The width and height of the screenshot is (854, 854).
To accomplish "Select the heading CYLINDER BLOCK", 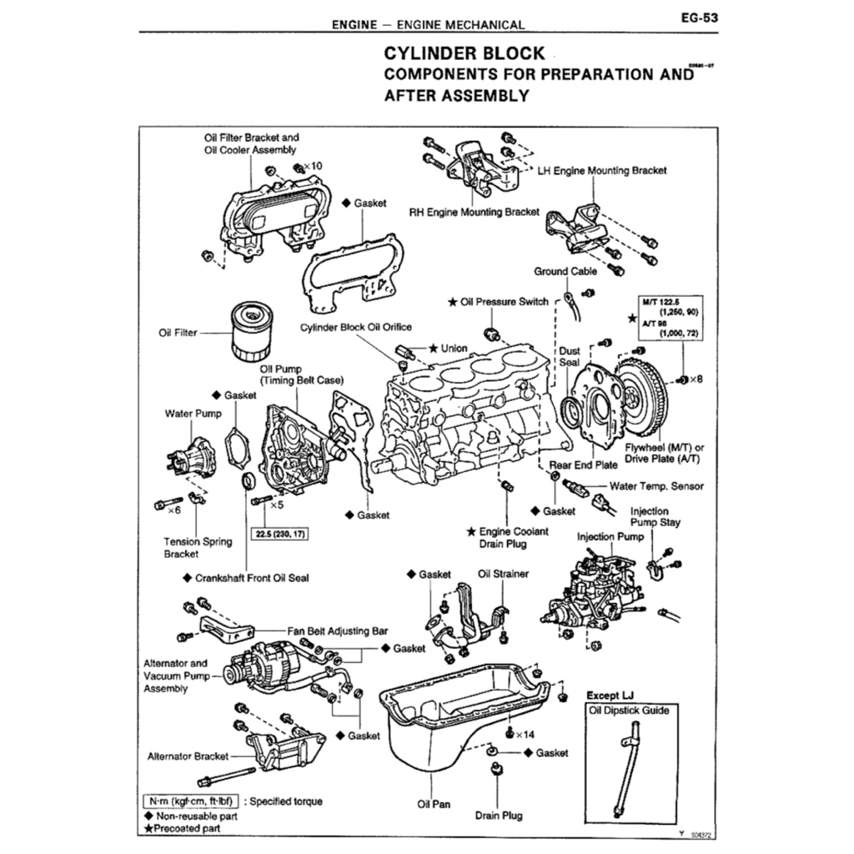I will [x=464, y=53].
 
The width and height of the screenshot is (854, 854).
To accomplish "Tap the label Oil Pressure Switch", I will [x=504, y=301].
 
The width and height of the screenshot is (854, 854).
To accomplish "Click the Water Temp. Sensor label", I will [x=656, y=486].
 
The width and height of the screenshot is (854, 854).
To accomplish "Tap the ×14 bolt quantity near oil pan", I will [x=525, y=734].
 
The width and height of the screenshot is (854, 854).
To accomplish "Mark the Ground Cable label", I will [x=565, y=271].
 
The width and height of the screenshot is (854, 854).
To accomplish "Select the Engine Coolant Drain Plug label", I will [x=508, y=537].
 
